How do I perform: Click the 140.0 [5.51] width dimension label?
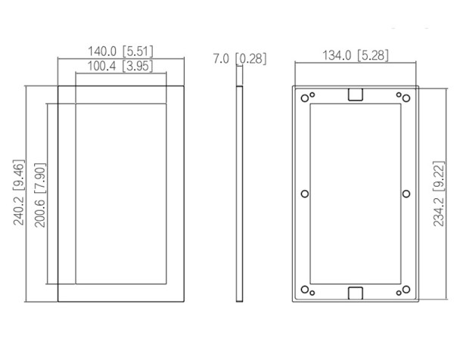tap(120, 51)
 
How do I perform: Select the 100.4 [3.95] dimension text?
tap(120, 66)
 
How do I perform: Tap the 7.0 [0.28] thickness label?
tap(239, 58)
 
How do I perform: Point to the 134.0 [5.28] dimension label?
tap(356, 55)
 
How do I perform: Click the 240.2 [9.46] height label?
tap(19, 192)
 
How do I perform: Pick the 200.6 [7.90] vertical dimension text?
tap(40, 195)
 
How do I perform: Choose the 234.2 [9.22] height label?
tap(439, 194)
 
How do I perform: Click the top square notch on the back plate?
tap(356, 95)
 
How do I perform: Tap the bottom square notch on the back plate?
tap(356, 293)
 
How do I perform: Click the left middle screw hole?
tap(305, 194)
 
